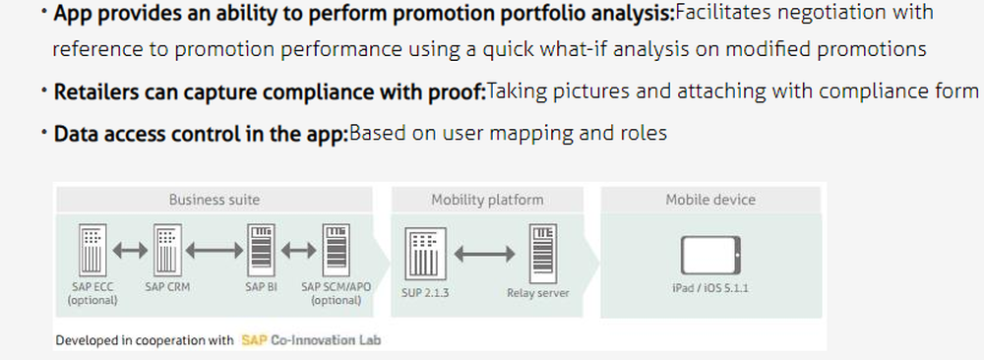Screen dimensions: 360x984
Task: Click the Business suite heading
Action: click(214, 200)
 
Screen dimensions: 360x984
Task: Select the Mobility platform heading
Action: click(486, 200)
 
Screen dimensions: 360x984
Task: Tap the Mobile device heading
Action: click(709, 200)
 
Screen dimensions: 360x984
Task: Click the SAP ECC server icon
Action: click(92, 251)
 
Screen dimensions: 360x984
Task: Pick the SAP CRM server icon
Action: click(166, 251)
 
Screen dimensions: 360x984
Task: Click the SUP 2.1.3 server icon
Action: click(424, 255)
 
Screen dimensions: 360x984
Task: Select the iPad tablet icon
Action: click(708, 256)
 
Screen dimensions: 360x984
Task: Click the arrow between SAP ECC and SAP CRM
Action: click(129, 252)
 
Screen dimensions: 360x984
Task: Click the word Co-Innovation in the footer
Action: click(313, 340)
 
